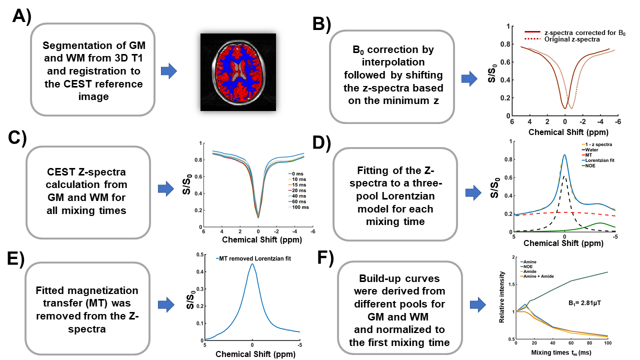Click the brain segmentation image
238,72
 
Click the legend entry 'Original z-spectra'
567,39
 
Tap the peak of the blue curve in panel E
252,264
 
